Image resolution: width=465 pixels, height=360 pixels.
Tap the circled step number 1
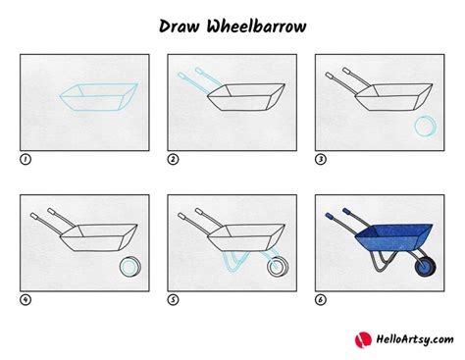(25, 160)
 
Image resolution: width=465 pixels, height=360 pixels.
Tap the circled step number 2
(173, 160)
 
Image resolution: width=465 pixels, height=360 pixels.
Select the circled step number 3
(321, 160)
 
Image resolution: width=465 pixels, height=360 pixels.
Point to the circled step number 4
(25, 300)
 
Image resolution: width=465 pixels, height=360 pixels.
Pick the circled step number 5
(173, 300)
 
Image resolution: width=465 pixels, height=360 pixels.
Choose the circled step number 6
(321, 300)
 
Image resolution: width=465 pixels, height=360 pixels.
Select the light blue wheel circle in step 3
(425, 127)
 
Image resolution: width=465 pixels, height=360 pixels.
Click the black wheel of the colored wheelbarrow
(425, 266)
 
